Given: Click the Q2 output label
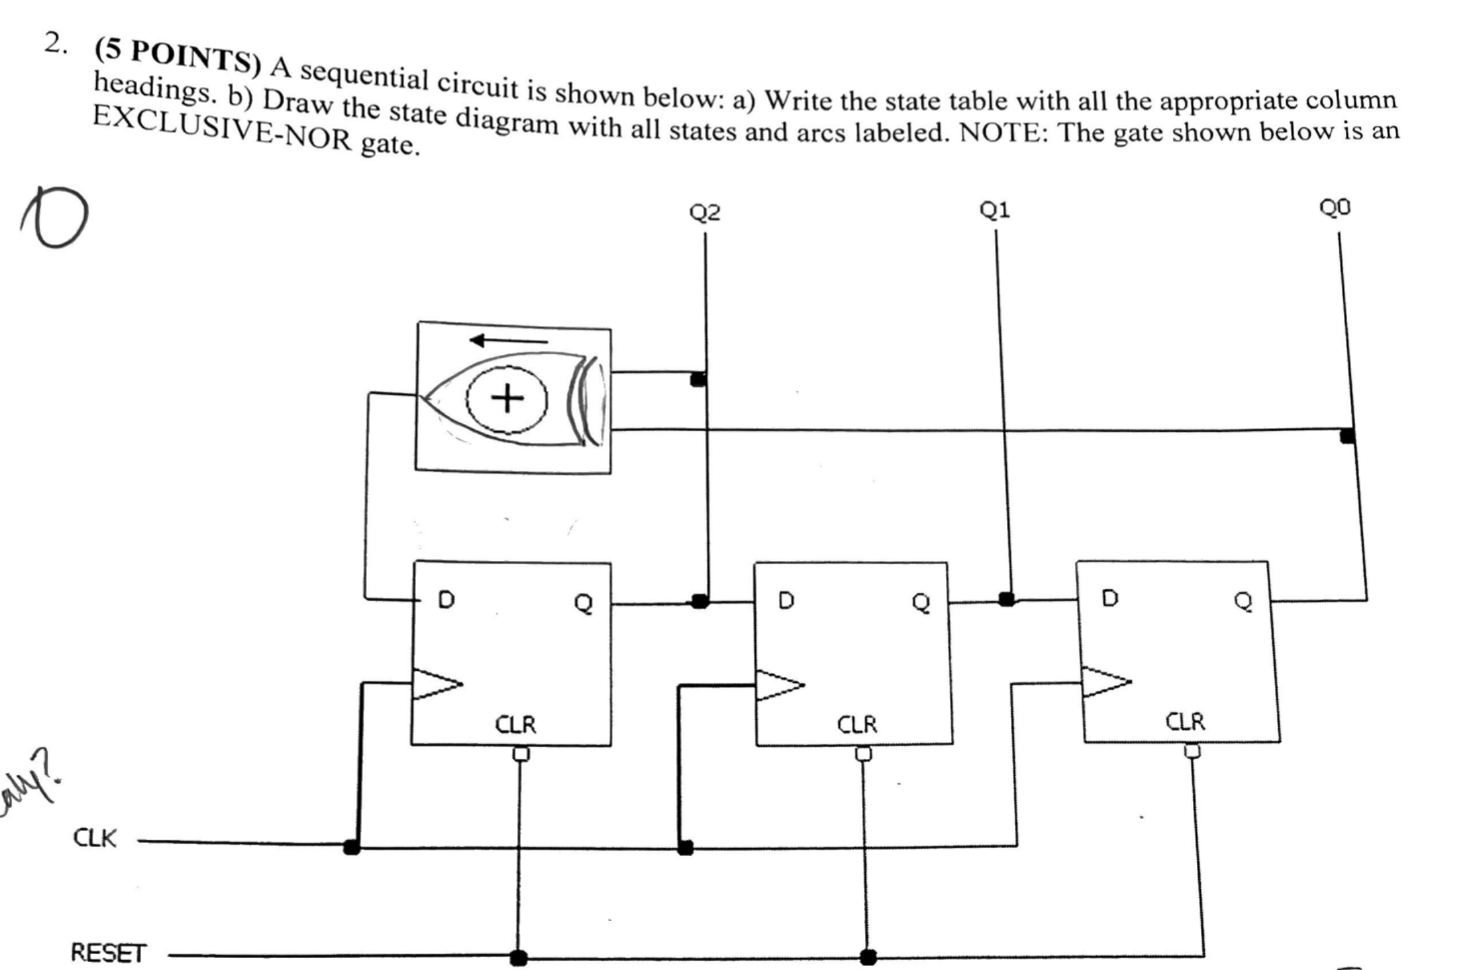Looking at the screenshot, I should click(704, 213).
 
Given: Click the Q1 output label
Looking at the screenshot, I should click(994, 211).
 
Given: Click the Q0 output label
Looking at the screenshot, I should click(1334, 208).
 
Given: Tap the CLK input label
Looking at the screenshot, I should click(95, 838).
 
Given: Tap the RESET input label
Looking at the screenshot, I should click(108, 953).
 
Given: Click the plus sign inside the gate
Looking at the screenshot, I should click(507, 399).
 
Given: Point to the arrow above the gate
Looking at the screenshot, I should click(508, 341).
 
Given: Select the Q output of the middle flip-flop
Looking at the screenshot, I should click(922, 602).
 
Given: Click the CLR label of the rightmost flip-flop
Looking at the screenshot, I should click(1185, 722).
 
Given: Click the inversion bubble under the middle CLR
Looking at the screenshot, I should click(863, 754).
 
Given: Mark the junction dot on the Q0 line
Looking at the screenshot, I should click(1347, 436).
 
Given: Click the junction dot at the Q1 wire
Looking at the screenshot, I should click(1006, 599).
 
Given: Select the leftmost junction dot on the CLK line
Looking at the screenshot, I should click(352, 847).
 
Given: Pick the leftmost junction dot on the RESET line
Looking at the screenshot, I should click(518, 957).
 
